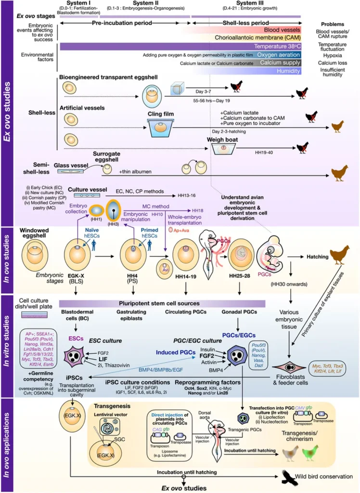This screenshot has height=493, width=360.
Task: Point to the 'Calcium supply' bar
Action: click(x=280, y=63)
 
